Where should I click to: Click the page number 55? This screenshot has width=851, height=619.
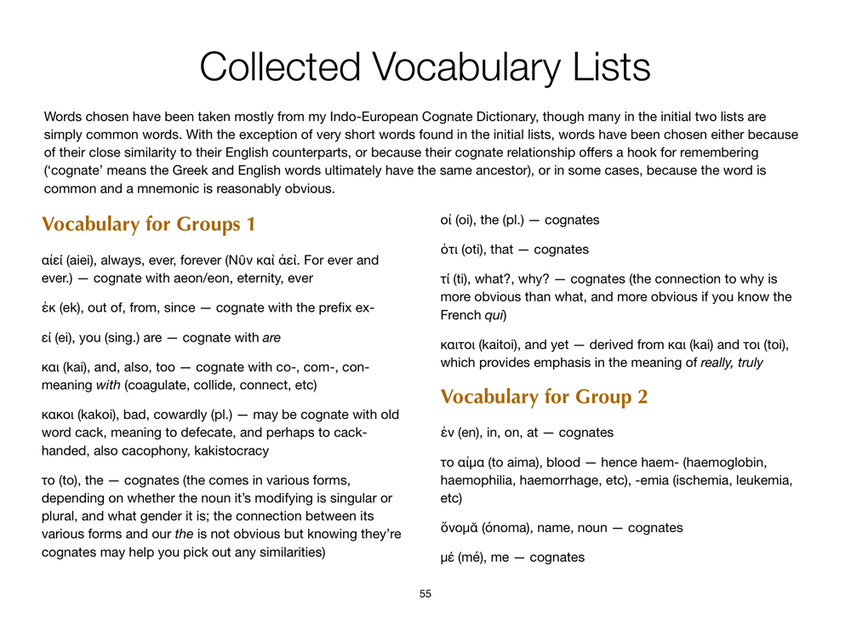[x=425, y=593]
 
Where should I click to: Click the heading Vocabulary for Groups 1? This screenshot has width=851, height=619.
[x=149, y=225]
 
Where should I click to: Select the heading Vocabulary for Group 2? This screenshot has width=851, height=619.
[x=544, y=397]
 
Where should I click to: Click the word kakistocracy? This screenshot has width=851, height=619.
[x=231, y=450]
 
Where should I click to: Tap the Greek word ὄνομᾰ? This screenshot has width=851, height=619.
[x=459, y=528]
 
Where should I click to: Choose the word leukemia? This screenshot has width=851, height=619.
[x=762, y=480]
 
